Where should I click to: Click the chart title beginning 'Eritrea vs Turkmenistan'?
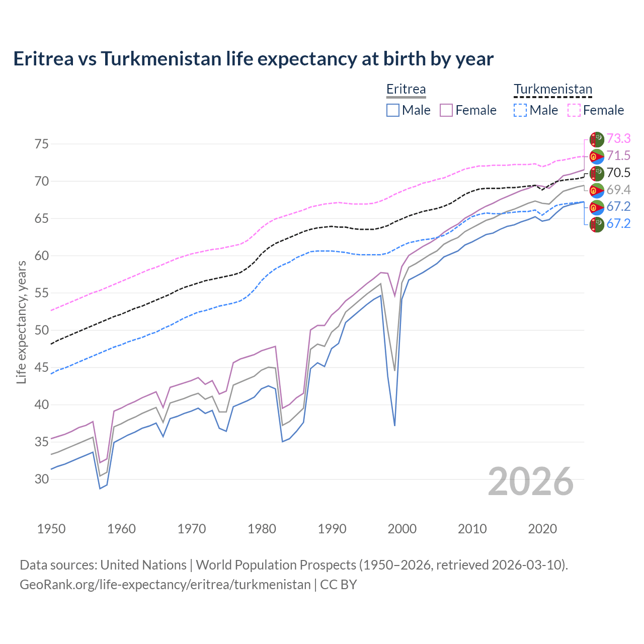pyautogui.click(x=253, y=59)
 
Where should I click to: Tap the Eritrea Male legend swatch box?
pyautogui.click(x=393, y=110)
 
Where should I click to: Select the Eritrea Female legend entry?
pyautogui.click(x=468, y=110)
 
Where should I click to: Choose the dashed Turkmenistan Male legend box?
pyautogui.click(x=520, y=110)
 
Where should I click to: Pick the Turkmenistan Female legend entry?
pyautogui.click(x=596, y=110)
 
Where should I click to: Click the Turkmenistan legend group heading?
pyautogui.click(x=553, y=90)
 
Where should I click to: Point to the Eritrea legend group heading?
pyautogui.click(x=406, y=90)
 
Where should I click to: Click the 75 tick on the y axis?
pyautogui.click(x=42, y=144)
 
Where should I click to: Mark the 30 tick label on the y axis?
pyautogui.click(x=42, y=479)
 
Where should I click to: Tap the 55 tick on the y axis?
pyautogui.click(x=42, y=293)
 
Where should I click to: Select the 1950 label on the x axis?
pyautogui.click(x=51, y=529)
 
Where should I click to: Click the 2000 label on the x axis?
pyautogui.click(x=402, y=529)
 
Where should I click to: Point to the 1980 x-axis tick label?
pyautogui.click(x=262, y=529)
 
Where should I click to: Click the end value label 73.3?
pyautogui.click(x=618, y=138)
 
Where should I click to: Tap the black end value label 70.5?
pyautogui.click(x=618, y=173)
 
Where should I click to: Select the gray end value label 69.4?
pyautogui.click(x=618, y=190)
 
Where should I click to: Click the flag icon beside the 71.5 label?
pyautogui.click(x=597, y=156)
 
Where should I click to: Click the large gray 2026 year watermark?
pyautogui.click(x=530, y=481)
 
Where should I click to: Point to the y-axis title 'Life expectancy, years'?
pyautogui.click(x=21, y=322)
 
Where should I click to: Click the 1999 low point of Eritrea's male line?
pyautogui.click(x=394, y=426)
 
